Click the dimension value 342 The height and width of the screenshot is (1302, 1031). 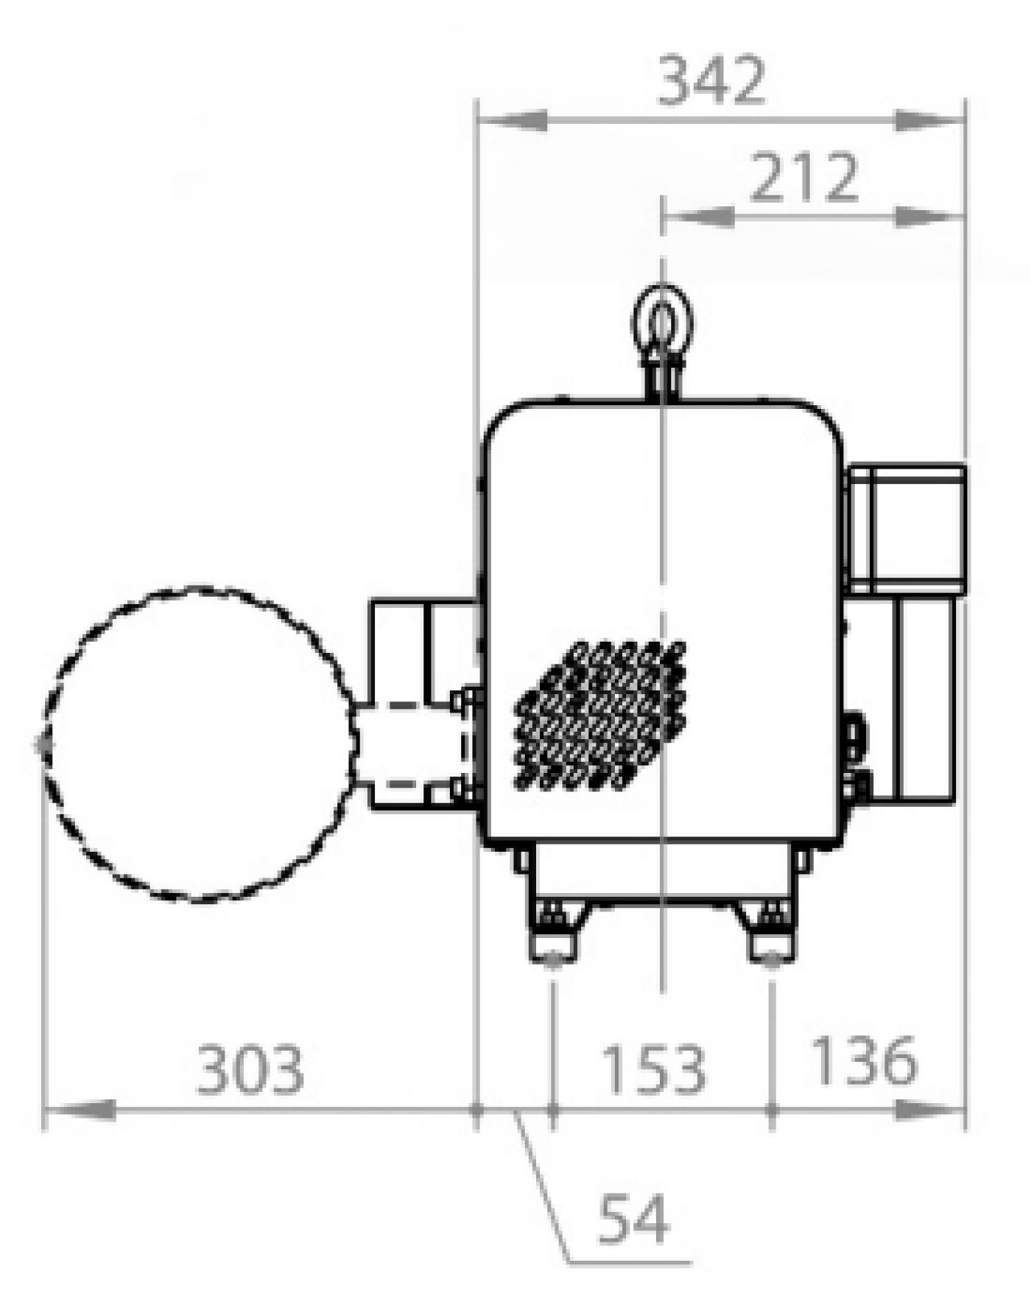click(x=711, y=80)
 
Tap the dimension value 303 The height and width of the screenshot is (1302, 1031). click(x=250, y=1068)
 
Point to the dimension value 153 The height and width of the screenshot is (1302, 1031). click(x=654, y=1068)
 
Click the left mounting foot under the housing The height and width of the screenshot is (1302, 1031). click(x=554, y=932)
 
